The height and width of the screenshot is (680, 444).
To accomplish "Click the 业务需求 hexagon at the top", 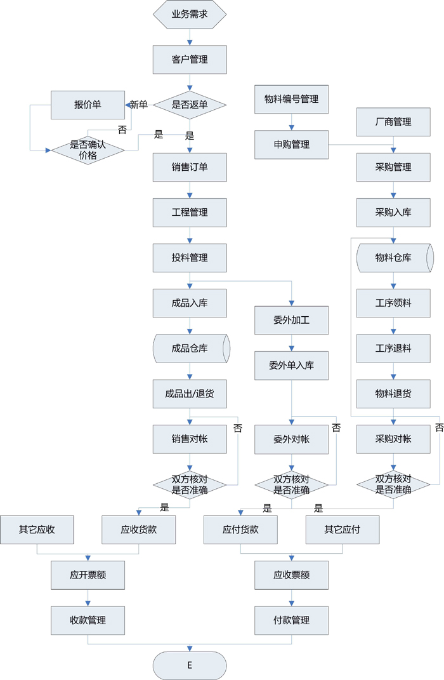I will [x=190, y=14].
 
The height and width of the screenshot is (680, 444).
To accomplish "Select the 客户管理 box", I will [x=190, y=60].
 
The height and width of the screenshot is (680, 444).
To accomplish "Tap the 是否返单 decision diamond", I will [x=190, y=105].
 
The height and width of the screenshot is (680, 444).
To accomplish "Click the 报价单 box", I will [x=88, y=105].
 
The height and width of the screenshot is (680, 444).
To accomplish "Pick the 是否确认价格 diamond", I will [x=88, y=150].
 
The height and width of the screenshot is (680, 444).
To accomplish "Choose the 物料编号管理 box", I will [x=291, y=99].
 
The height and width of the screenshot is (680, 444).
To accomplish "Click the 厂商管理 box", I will [x=393, y=121].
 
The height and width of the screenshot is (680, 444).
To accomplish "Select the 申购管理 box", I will [x=291, y=144].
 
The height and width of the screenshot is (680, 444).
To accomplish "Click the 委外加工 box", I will [x=291, y=320].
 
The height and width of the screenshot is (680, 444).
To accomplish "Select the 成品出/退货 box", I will [x=190, y=394].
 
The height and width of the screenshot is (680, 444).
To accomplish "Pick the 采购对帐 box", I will [x=393, y=439].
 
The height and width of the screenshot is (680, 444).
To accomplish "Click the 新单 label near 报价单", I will [x=139, y=105].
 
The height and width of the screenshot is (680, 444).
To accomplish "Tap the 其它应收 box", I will [x=37, y=530].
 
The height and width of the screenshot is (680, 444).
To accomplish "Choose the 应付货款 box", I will [x=240, y=530].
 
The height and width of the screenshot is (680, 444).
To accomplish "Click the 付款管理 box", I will [x=291, y=620].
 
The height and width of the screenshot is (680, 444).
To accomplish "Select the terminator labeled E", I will [x=190, y=665].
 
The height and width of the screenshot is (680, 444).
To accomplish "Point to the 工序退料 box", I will [x=393, y=348].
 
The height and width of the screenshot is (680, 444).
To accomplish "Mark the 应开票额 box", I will [x=88, y=575].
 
